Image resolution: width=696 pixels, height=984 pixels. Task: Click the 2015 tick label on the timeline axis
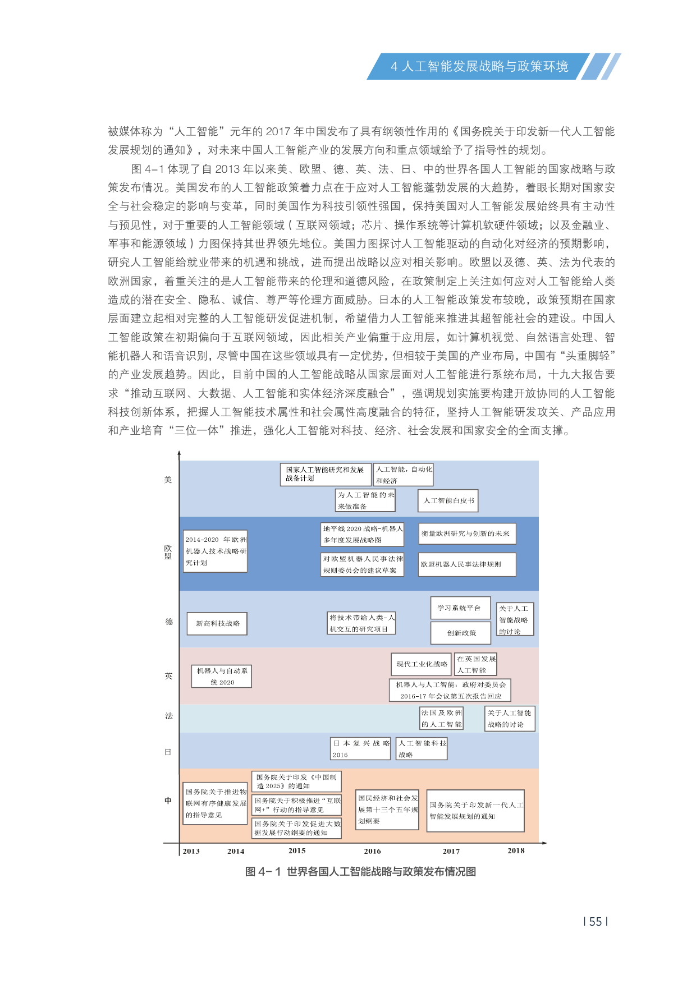click(x=297, y=850)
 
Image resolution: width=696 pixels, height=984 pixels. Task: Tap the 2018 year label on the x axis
click(x=516, y=850)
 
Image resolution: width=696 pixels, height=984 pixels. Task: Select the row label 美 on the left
click(x=168, y=480)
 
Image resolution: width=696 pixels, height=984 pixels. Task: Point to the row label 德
click(x=168, y=622)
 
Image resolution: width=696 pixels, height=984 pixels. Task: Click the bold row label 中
click(x=168, y=801)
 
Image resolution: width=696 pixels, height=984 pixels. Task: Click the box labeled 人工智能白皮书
click(x=448, y=500)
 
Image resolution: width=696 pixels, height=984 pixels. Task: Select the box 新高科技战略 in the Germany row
click(x=217, y=623)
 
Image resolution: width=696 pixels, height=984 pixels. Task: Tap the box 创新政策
click(x=461, y=633)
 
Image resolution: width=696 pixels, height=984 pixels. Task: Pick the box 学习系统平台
click(x=460, y=608)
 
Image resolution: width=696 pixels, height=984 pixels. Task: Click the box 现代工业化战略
click(x=422, y=664)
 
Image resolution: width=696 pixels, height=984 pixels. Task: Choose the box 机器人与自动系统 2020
click(x=222, y=676)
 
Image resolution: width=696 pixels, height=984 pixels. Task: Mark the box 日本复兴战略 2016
click(x=360, y=748)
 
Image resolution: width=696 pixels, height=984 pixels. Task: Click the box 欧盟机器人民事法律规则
click(x=467, y=564)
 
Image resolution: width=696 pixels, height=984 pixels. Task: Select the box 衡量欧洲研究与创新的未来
click(x=467, y=534)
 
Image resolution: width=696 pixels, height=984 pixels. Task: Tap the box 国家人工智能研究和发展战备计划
click(x=326, y=474)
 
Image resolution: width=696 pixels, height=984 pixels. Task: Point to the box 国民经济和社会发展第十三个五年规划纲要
click(x=387, y=809)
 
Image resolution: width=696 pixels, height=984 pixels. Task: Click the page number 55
click(x=596, y=922)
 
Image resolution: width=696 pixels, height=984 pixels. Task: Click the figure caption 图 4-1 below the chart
click(x=360, y=871)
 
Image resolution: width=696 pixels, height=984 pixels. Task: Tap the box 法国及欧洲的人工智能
click(x=442, y=719)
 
